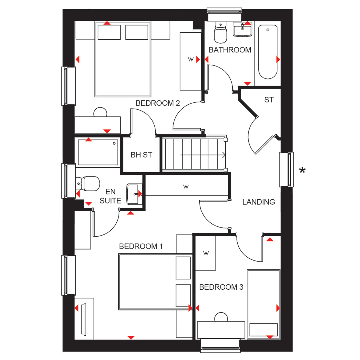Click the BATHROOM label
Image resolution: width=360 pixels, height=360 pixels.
(230, 50)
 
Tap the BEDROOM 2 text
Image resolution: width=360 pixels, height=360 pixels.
(158, 103)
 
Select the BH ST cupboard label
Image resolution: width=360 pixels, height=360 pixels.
(141, 155)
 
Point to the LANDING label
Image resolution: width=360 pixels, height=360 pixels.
(259, 202)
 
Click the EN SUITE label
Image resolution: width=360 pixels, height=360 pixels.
(110, 196)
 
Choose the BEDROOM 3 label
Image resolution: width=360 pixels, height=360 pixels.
(221, 287)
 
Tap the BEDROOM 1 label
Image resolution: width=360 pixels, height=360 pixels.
(141, 246)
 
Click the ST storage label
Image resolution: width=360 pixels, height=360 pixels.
(269, 100)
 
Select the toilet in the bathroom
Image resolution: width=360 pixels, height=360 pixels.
(221, 32)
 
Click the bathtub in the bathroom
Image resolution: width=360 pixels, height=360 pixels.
(268, 52)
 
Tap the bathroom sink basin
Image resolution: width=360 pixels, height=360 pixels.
(243, 29)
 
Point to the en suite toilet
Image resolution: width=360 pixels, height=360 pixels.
(88, 184)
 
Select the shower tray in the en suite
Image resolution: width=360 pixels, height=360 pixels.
(98, 152)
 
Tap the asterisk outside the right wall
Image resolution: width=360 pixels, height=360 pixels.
(302, 171)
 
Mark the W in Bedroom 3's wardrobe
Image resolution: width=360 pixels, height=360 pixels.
(206, 253)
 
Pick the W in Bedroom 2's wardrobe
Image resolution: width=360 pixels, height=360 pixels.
(191, 59)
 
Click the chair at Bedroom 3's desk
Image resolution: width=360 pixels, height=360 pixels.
(221, 317)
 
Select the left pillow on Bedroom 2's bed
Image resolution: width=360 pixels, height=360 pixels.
(109, 32)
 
